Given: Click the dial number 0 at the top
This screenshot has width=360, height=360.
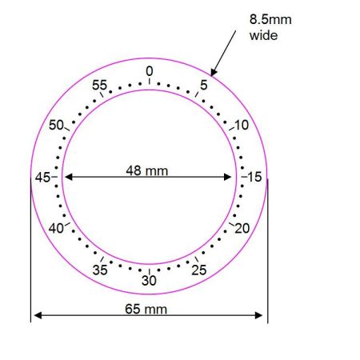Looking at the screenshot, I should coord(149,71).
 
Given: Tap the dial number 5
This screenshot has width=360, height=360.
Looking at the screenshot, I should coord(204,83).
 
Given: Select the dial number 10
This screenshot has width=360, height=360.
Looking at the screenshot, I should coord(242,125).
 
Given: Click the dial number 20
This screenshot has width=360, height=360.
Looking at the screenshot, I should coord(242,229).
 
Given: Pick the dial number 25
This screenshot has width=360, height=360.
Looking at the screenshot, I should coord(199,270).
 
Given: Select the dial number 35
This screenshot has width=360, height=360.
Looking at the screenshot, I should coord(99,270).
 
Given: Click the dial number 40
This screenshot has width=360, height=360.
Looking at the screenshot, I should coord(55,229).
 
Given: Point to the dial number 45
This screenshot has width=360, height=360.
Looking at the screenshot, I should coord(42,177).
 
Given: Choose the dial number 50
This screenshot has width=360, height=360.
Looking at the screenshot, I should coord(56,125).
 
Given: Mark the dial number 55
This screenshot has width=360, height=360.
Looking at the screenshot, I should coord(99,85).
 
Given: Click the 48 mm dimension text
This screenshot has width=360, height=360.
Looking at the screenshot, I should coord(149,169).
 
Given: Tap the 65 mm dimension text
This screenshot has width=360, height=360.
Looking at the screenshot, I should coord(149,309).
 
